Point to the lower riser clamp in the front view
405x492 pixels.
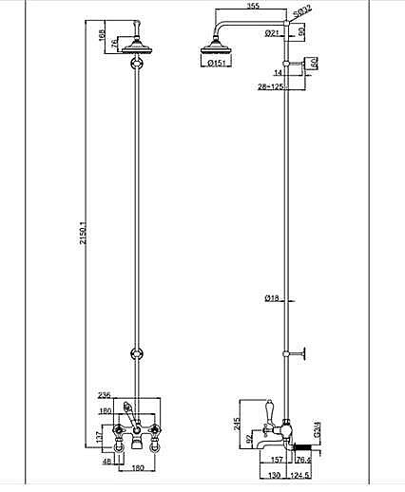(x=136, y=353)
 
